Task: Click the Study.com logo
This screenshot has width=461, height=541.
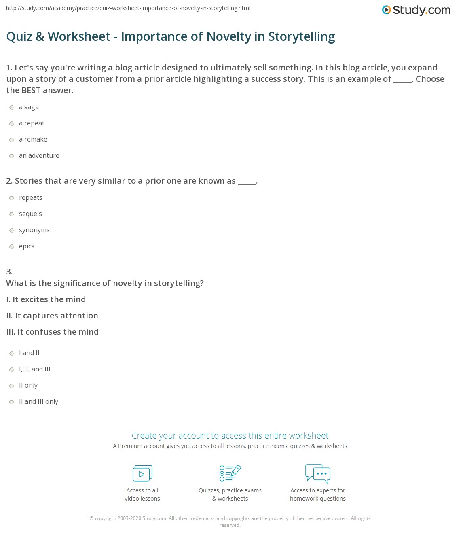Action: [416, 10]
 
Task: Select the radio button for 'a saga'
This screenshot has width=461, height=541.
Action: [12, 108]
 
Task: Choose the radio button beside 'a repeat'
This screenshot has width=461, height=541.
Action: [12, 124]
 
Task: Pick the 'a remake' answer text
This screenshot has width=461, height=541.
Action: [33, 140]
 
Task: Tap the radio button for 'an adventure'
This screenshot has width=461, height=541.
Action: [12, 156]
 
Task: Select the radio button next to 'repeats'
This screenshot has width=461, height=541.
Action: [12, 198]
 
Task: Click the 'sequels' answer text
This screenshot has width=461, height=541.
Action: [30, 214]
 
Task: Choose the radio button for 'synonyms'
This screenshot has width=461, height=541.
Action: [12, 231]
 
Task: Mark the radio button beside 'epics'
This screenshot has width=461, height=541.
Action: [12, 247]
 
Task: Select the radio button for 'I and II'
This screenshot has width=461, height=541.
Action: [12, 354]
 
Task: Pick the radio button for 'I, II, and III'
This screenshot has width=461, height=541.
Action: [12, 370]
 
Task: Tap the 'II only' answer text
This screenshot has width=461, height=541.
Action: [28, 386]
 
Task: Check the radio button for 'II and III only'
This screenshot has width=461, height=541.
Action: [12, 402]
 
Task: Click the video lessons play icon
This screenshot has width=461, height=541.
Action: [142, 473]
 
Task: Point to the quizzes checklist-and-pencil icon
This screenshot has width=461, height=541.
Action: [230, 473]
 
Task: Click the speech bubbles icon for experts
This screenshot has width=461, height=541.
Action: [318, 473]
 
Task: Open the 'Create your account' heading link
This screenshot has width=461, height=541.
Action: [230, 436]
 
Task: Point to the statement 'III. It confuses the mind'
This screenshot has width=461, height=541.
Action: [53, 332]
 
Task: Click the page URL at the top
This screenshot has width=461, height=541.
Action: [128, 8]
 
